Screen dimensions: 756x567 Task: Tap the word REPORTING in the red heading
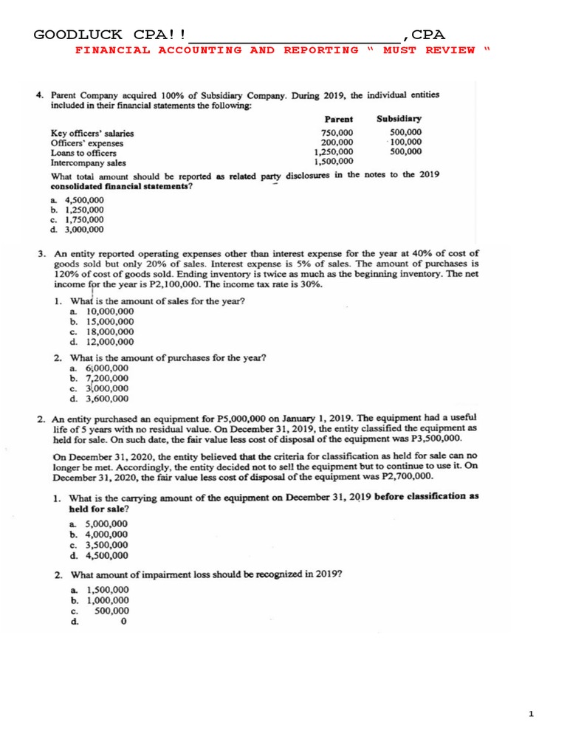pos(321,50)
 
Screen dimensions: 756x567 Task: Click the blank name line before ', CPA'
pos(295,35)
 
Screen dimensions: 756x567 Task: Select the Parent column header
pos(339,119)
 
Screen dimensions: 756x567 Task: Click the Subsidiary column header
pos(399,118)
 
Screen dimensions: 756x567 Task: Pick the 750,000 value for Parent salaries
pos(337,133)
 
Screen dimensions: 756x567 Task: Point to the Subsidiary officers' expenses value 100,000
pos(406,142)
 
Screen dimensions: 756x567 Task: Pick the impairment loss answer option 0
pos(123,622)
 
